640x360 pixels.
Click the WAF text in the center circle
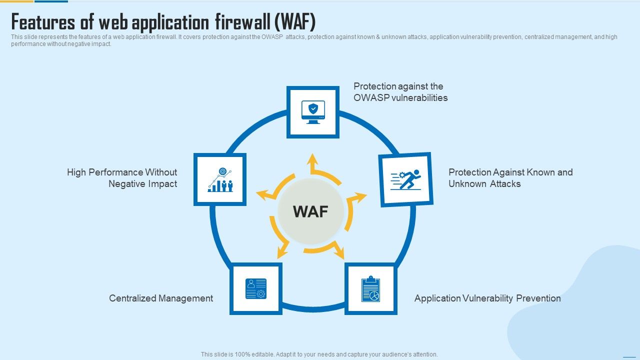[x=310, y=211]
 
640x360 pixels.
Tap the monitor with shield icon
[x=313, y=112]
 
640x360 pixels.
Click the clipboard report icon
[x=370, y=289]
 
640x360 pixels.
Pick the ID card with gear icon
[x=256, y=289]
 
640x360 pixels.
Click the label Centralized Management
[x=161, y=298]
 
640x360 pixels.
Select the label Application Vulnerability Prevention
[x=487, y=298]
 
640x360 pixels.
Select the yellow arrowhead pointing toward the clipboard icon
[x=339, y=253]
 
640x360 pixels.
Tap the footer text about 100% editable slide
[x=319, y=354]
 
